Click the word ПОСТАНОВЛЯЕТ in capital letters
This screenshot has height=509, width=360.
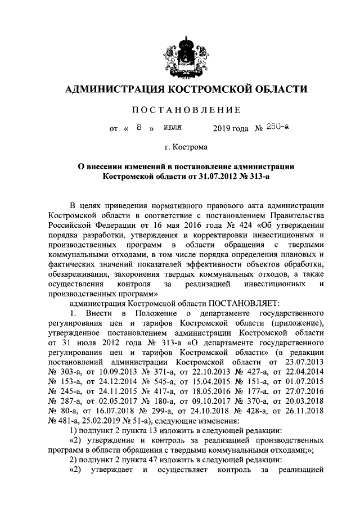tap(241, 302)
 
